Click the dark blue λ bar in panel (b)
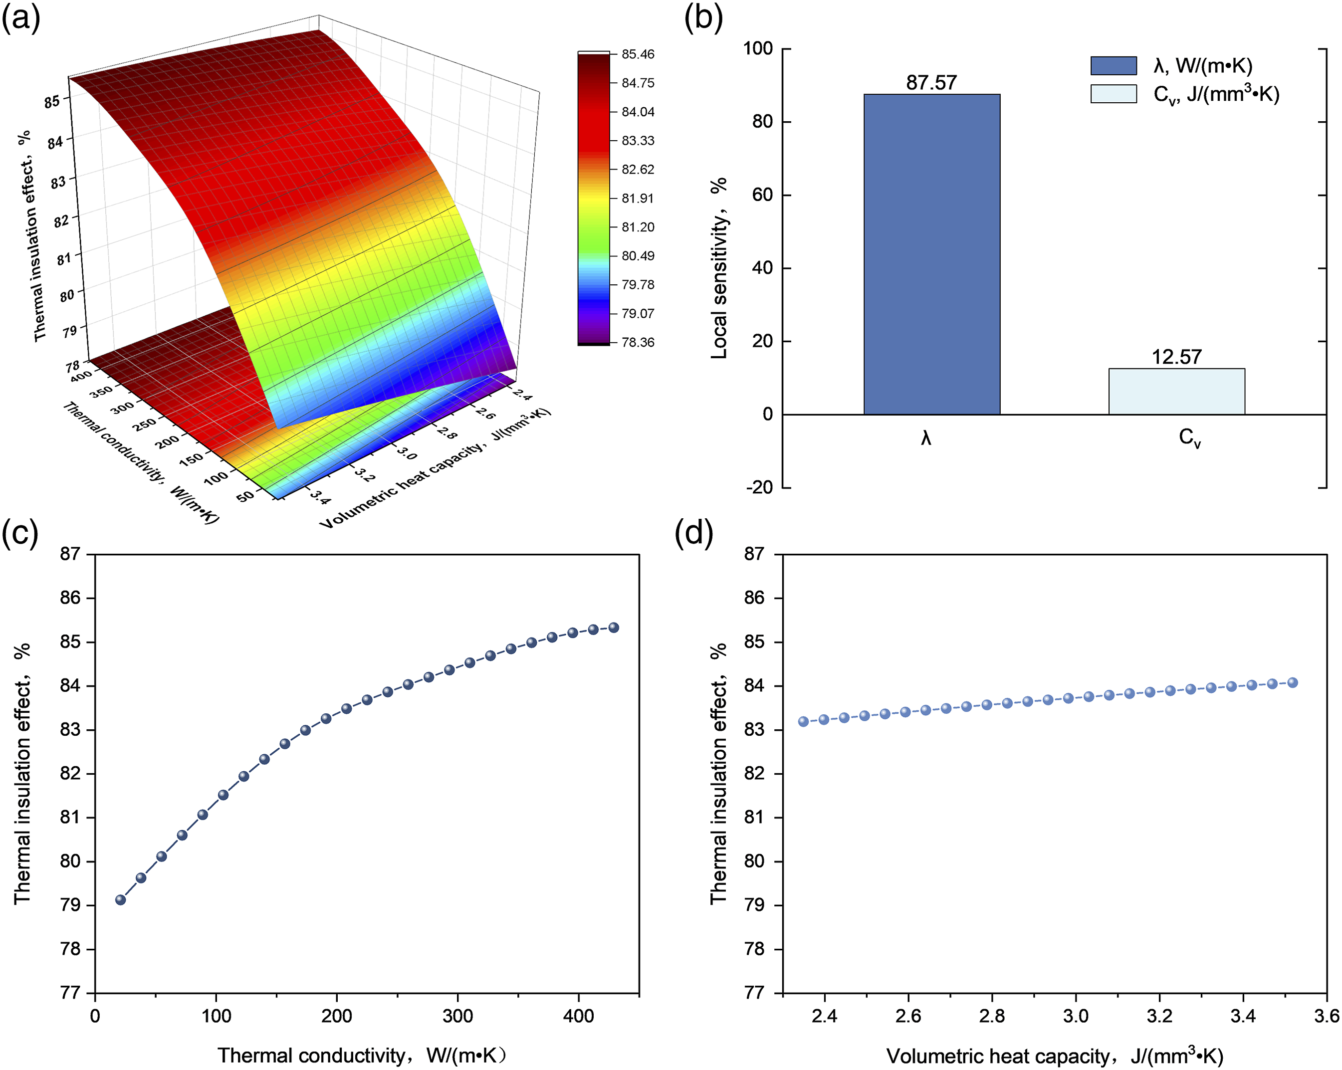click(931, 254)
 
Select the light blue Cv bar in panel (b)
click(1176, 392)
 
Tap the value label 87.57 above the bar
click(931, 82)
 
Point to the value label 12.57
click(1176, 357)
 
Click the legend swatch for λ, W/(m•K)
click(1114, 65)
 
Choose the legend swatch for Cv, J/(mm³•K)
click(1114, 94)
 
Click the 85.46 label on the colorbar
click(638, 54)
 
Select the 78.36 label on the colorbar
click(638, 342)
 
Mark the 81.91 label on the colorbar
click(638, 198)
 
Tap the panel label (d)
click(694, 533)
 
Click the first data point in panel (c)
click(121, 899)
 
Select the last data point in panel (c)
click(614, 628)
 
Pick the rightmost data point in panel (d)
click(1292, 682)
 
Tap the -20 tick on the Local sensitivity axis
click(759, 487)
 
